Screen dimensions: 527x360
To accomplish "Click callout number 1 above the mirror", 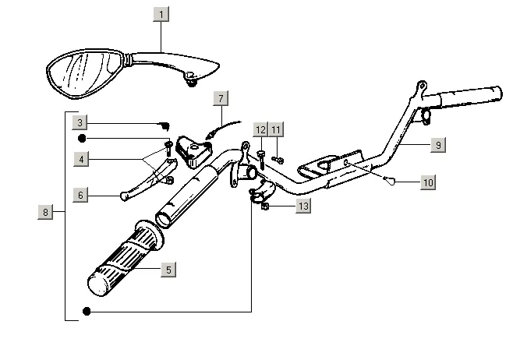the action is [161, 15].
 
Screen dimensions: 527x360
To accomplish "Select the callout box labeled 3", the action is [80, 122].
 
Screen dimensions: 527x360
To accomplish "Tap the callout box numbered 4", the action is [81, 159].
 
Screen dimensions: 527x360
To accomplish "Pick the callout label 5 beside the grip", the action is [168, 270].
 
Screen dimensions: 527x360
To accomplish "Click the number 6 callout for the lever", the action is [80, 195].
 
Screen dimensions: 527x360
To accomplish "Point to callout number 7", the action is [221, 98].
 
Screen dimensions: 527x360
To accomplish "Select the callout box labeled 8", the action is [45, 212].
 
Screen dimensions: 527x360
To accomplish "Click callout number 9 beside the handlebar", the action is [438, 145].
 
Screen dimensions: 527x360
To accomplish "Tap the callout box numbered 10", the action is [428, 182].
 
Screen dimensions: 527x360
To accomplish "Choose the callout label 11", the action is [276, 129].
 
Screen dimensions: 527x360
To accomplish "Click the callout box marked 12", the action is [260, 129].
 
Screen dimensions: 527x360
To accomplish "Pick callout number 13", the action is [303, 206].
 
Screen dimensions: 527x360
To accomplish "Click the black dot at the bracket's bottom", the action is [87, 312].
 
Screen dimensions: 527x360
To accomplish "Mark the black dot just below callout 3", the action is [82, 139].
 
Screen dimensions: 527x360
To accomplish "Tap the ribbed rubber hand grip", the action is [125, 259].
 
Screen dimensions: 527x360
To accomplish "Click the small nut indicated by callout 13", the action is [264, 206].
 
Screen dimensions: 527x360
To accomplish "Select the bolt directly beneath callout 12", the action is [261, 160].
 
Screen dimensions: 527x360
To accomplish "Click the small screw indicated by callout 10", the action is [389, 181].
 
